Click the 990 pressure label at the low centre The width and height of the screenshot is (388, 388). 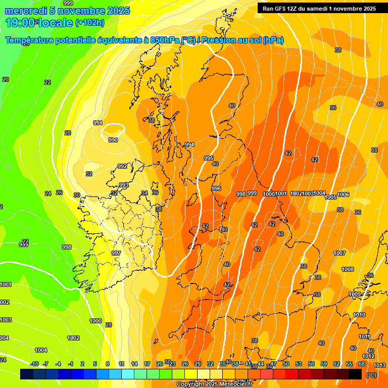coord(113,140)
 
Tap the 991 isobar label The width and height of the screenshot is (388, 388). coord(98,123)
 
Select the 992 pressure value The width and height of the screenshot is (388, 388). coord(122,166)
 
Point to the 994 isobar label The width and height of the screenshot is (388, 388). coord(189,145)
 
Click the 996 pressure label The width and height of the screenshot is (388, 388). coord(216,188)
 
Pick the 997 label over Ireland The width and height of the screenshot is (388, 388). coord(116,253)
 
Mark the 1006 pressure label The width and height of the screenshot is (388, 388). coord(343,195)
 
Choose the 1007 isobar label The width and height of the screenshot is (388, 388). coord(339,253)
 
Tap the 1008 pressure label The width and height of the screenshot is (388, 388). coord(348,269)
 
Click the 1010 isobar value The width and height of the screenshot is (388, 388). coord(359,315)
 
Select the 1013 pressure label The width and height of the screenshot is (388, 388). coord(379,365)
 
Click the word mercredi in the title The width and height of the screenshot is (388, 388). coord(25,11)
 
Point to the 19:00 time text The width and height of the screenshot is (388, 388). coord(21,22)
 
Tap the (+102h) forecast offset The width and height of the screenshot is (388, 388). coord(89,22)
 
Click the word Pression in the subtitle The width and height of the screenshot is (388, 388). coord(223,40)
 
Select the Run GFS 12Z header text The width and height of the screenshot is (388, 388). coord(283,8)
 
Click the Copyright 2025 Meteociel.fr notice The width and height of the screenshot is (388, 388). coord(214,384)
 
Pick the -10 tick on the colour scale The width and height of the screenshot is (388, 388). coord(34,364)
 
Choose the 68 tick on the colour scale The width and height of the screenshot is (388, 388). coord(362,364)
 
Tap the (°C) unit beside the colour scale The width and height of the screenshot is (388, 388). coord(371,375)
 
